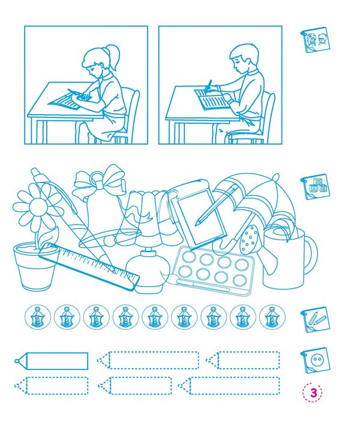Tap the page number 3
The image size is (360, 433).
tap(313, 393)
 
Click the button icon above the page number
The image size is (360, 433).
tap(314, 360)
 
